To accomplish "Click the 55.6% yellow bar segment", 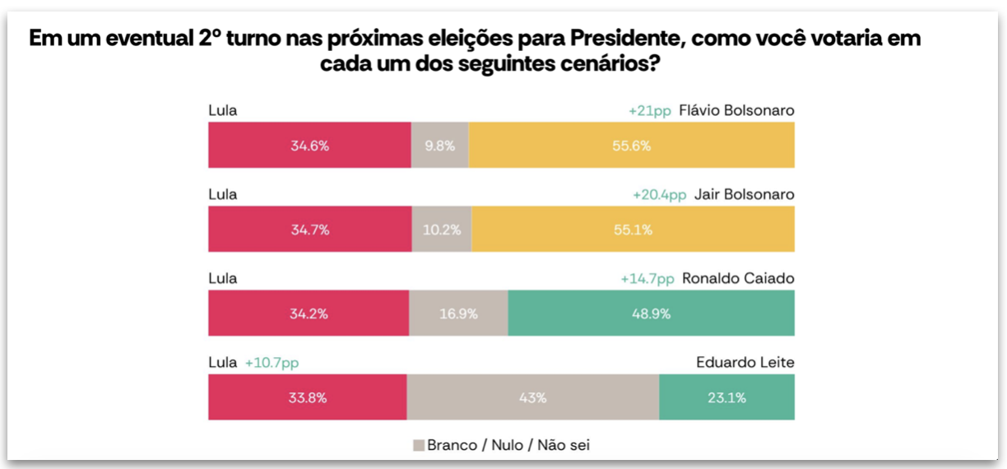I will [x=632, y=146].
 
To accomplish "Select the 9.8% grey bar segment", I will [x=439, y=146].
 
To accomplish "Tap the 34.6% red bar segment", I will [x=309, y=146].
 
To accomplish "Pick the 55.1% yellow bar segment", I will [x=633, y=230].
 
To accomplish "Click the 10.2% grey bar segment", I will [x=442, y=230].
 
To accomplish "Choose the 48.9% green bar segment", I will [x=651, y=313].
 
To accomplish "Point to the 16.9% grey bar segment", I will [x=458, y=313].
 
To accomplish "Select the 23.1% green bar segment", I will [x=726, y=397].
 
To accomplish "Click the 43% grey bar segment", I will [x=532, y=397].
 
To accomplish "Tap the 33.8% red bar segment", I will [x=308, y=397].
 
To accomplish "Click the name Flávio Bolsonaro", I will [x=736, y=110].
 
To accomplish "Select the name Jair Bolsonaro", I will [x=744, y=194].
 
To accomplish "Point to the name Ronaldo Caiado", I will [x=738, y=278].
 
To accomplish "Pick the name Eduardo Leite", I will [x=745, y=362].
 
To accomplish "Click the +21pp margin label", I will [x=650, y=110].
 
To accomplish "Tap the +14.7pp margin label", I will [x=647, y=278].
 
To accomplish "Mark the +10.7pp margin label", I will [x=271, y=362].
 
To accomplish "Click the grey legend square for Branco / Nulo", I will [x=419, y=445].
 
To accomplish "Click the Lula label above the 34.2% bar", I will [x=223, y=278].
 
